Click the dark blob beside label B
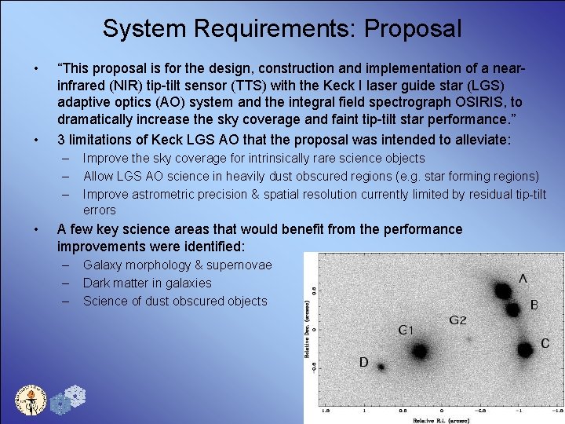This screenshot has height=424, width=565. [513, 309]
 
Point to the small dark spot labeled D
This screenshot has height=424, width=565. [381, 367]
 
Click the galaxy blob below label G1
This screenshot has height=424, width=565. [419, 351]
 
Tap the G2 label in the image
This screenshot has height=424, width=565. [458, 320]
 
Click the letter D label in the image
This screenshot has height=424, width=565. [363, 362]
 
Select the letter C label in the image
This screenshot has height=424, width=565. [545, 343]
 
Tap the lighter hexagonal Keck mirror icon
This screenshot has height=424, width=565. [75, 395]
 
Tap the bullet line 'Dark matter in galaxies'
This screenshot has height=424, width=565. [147, 283]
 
